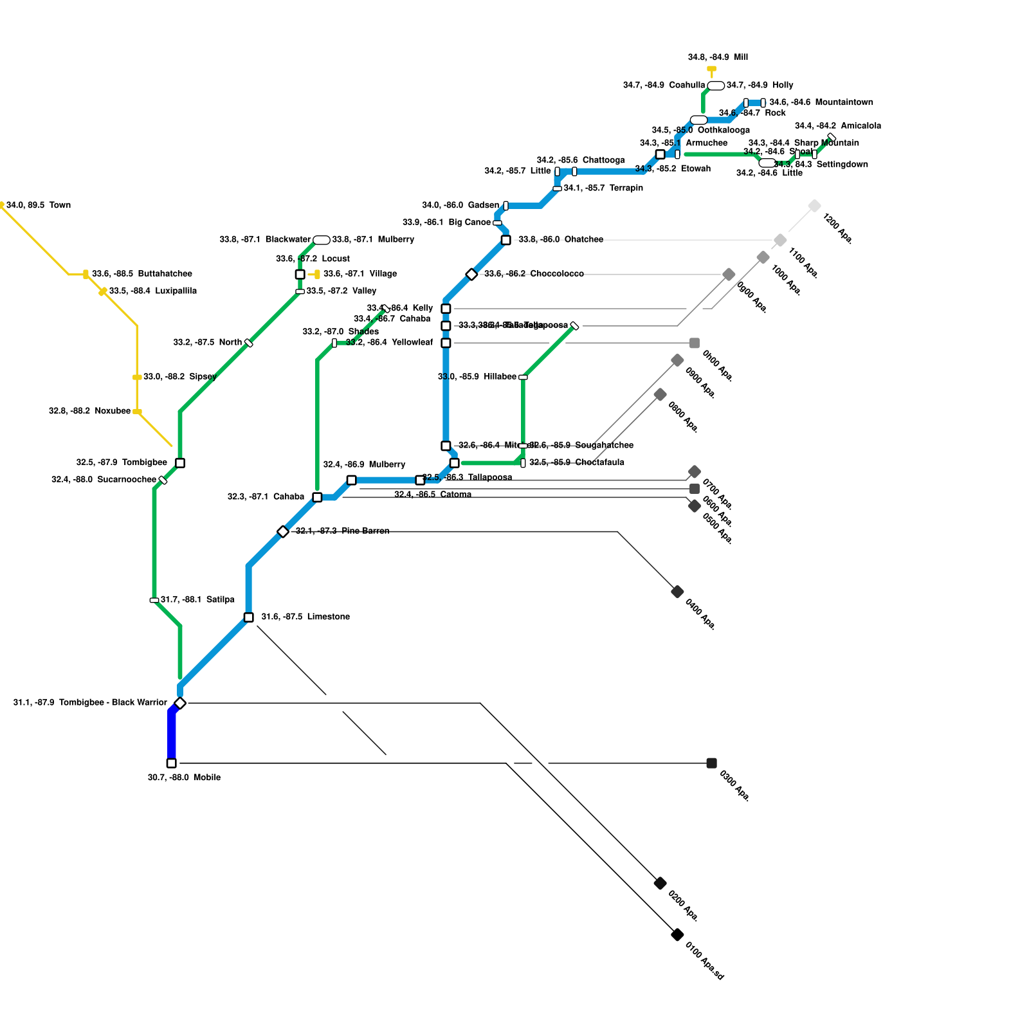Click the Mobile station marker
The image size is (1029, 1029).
(171, 763)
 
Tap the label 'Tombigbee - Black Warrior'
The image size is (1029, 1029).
(113, 702)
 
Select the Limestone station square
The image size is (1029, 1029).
(249, 617)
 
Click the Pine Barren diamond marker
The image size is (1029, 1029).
(283, 531)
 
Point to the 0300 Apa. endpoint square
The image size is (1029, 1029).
(711, 763)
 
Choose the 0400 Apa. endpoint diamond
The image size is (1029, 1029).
(677, 592)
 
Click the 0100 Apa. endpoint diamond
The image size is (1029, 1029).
(677, 934)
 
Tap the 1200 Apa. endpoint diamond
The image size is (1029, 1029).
(814, 206)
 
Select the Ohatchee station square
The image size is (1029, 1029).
(506, 240)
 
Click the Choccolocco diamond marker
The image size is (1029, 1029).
(471, 275)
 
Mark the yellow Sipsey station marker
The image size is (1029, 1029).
(137, 378)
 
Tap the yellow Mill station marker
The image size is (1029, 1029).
(711, 69)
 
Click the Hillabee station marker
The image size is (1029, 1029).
(523, 378)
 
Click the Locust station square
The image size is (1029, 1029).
(300, 275)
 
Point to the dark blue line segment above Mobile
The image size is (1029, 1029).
(172, 736)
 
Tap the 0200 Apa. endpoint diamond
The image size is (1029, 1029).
(660, 883)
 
